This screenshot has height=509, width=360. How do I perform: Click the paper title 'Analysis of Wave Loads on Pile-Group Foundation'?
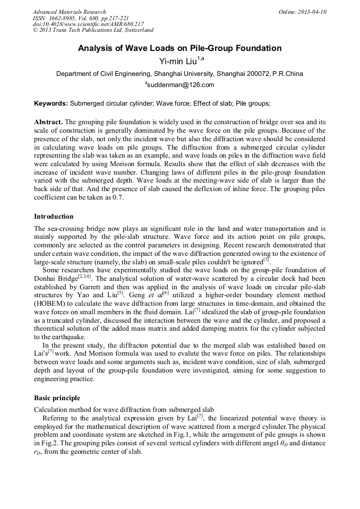pos(179,48)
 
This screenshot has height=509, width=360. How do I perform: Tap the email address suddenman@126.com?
pos(180,85)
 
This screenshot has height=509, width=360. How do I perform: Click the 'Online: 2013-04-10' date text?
pos(302,12)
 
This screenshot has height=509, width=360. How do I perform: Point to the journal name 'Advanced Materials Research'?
pos(69,12)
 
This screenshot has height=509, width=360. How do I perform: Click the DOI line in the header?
pos(88,24)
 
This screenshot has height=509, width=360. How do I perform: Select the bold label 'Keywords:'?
pos(51,103)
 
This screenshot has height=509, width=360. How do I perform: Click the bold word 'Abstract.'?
pos(48,122)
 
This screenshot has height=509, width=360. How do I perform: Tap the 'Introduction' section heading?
pos(54,217)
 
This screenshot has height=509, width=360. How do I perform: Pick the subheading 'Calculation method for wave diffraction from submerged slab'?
pos(124,409)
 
